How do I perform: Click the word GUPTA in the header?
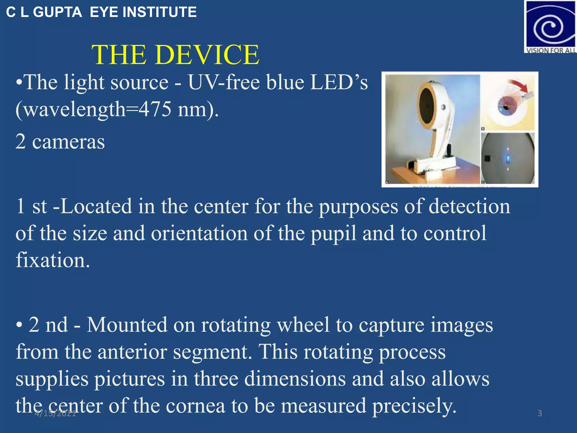(x=57, y=12)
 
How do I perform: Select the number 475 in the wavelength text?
(x=155, y=109)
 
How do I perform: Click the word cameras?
(x=68, y=142)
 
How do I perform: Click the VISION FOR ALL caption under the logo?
(x=550, y=50)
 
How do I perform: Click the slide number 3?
(x=540, y=413)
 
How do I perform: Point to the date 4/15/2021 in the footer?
(x=55, y=413)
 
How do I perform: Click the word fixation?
(x=53, y=260)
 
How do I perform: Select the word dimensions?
(x=295, y=379)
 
